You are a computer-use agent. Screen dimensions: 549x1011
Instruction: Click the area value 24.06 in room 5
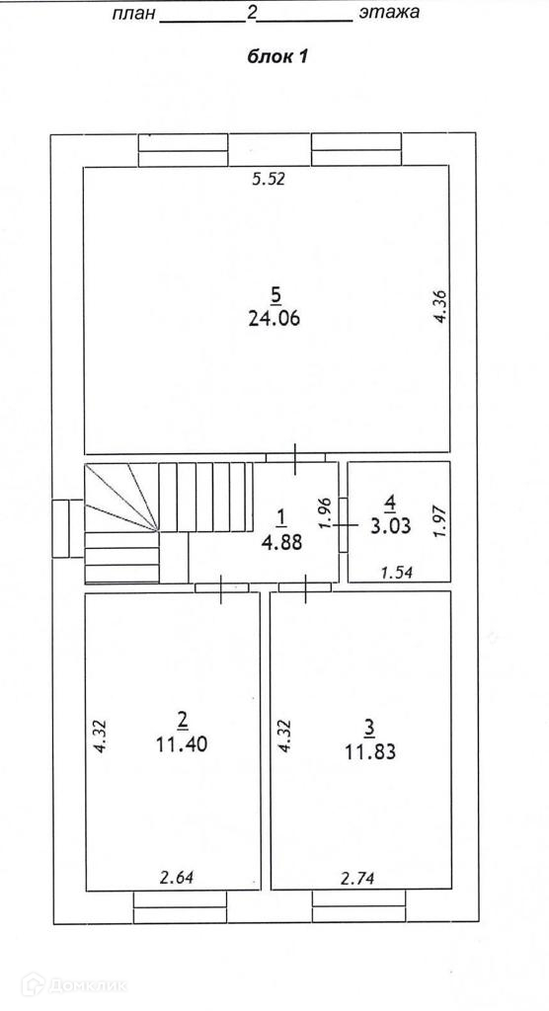coord(274,319)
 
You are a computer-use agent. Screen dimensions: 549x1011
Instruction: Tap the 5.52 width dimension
coord(268,180)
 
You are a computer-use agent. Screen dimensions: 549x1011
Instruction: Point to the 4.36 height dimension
coord(442,307)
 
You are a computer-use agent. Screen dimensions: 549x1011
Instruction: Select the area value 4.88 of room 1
coord(281,542)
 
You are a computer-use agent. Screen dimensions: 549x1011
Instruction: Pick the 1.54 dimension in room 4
coord(396,572)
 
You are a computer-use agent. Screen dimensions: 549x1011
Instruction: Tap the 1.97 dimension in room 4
coord(440,521)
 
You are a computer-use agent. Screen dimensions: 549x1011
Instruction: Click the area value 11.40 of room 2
coord(182,744)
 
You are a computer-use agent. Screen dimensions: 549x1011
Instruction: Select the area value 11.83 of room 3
coord(369,751)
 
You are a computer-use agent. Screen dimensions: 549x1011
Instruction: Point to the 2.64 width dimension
coord(176,877)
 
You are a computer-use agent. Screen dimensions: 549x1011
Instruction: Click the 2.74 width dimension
coord(356,877)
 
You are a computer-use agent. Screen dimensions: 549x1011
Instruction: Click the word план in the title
coord(134,13)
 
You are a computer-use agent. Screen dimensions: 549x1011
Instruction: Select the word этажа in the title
coord(389,12)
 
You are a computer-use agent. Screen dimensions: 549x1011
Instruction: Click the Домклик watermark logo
coord(73,984)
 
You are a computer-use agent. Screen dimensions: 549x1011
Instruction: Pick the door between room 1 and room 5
coord(295,458)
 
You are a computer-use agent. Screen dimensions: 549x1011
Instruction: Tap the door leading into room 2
coord(221,588)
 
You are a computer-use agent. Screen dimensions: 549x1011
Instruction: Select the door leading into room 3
coord(305,588)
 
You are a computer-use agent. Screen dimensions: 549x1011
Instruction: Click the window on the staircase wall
coord(68,528)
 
